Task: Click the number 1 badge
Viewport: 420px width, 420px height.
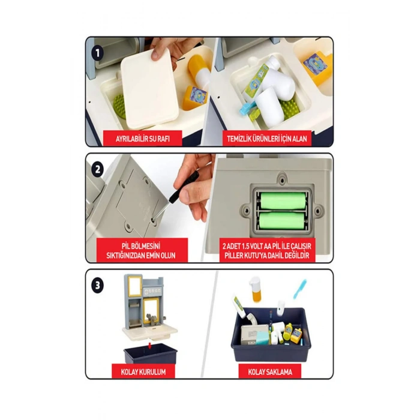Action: [97, 53]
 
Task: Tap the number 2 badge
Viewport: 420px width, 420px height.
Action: [97, 169]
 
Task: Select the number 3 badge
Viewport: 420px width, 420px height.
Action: [97, 286]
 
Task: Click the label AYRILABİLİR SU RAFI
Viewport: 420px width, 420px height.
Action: [143, 139]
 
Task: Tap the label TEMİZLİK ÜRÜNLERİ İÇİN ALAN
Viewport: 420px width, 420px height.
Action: [267, 139]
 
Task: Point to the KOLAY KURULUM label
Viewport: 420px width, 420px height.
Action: [143, 372]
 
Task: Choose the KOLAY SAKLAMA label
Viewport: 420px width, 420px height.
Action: [270, 372]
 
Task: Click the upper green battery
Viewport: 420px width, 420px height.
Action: [283, 200]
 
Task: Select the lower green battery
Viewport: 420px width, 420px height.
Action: [282, 220]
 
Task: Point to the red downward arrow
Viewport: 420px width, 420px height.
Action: [149, 345]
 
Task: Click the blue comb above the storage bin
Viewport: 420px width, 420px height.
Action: [300, 289]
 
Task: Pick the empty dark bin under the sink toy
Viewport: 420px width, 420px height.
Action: [150, 353]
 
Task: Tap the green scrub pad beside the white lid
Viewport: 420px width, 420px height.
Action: [119, 106]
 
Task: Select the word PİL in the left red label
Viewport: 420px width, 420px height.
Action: [127, 245]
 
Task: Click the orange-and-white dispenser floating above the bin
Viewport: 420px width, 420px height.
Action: [256, 290]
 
